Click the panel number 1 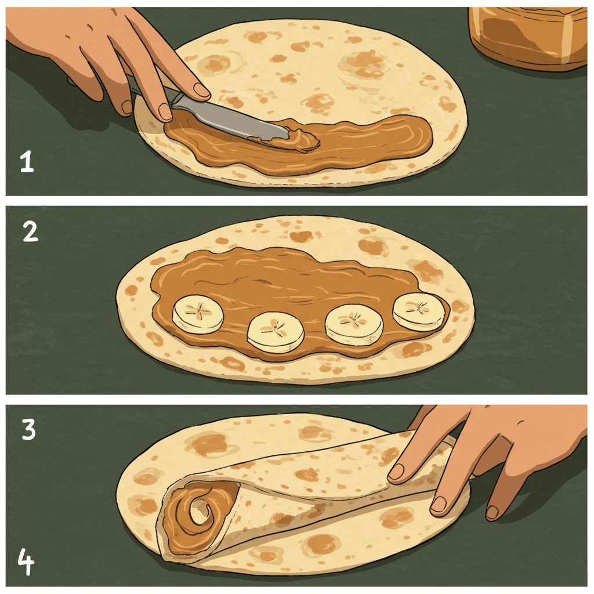[x=27, y=162]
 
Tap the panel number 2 [x=30, y=231]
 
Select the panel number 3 [x=29, y=429]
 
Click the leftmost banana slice [x=198, y=314]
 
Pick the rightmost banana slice [x=419, y=312]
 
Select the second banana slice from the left [x=276, y=332]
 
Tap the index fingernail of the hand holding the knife [x=202, y=90]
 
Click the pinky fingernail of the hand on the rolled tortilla [x=492, y=512]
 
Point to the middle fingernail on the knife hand [x=165, y=112]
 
